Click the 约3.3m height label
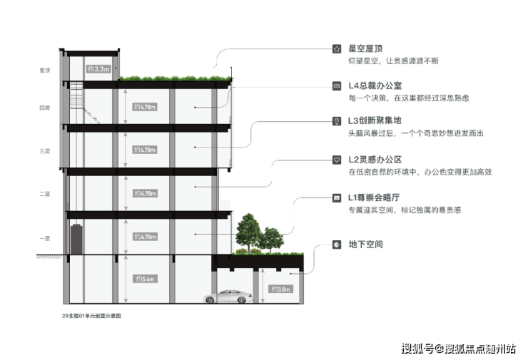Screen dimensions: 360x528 [x=97, y=69]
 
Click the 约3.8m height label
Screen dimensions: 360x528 [x=280, y=289]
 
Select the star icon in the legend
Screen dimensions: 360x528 [x=337, y=49]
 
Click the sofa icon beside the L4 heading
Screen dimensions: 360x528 [x=337, y=86]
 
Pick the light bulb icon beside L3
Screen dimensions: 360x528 [x=337, y=122]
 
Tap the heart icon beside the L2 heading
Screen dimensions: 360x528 [x=337, y=159]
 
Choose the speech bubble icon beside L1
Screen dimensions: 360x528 [x=337, y=197]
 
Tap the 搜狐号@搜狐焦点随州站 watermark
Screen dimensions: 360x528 [x=457, y=348]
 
